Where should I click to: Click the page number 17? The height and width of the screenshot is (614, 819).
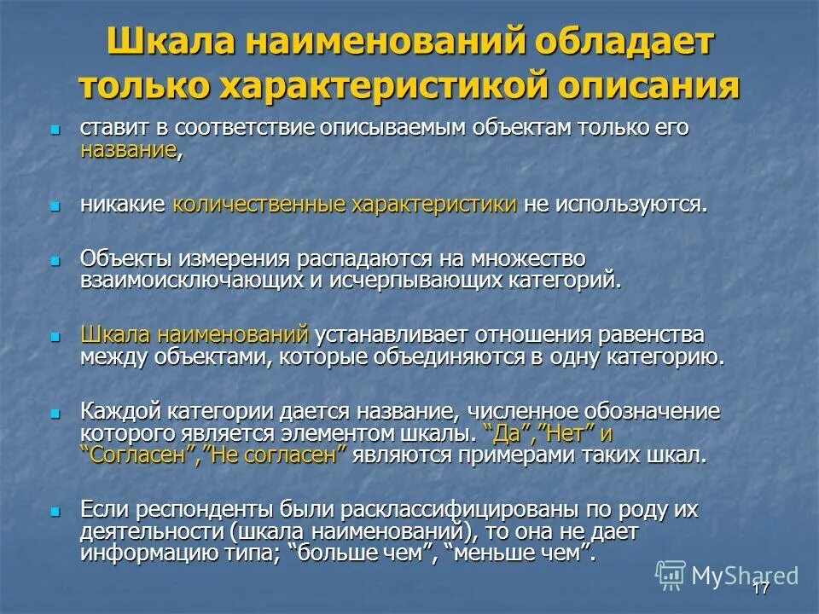point(761,589)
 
